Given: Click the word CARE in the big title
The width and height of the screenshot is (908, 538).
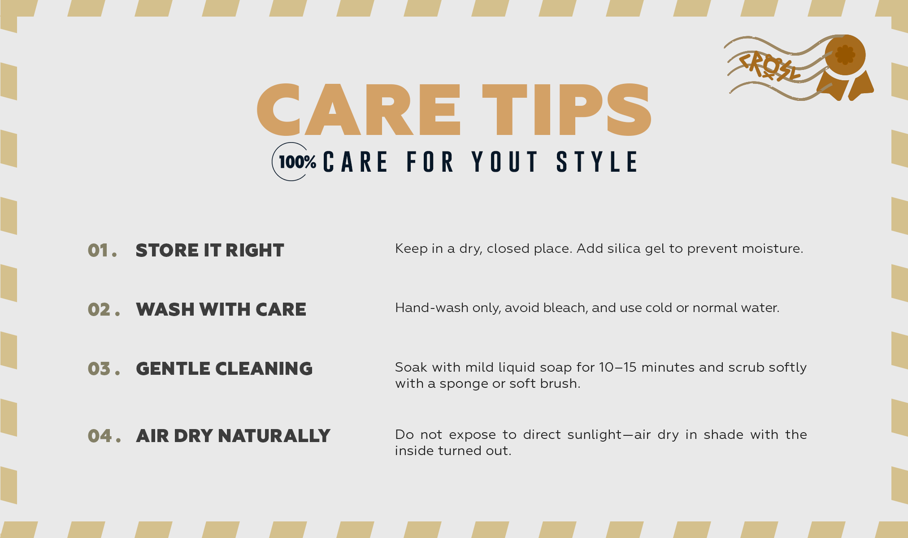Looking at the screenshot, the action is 359,110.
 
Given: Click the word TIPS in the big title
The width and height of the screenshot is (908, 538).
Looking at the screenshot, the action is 567,110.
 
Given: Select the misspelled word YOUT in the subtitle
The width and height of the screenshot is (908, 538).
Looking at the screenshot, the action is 505,162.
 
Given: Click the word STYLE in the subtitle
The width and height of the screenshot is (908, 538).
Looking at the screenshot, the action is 597,162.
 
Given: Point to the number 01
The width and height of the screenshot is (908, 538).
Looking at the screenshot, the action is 102,251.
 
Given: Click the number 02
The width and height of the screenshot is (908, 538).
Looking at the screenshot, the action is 104,310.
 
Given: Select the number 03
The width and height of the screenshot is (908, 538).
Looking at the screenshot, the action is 104,369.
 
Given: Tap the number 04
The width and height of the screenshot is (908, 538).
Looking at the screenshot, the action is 104,436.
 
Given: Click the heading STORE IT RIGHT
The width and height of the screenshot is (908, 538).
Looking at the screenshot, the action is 210,251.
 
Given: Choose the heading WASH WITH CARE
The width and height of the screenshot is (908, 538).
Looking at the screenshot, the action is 221,310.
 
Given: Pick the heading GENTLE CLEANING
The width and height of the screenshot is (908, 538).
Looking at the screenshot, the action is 224,369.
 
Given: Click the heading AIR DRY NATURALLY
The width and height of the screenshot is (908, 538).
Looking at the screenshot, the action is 233,436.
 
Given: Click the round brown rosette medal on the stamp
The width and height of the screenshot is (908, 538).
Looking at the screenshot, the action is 845,55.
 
